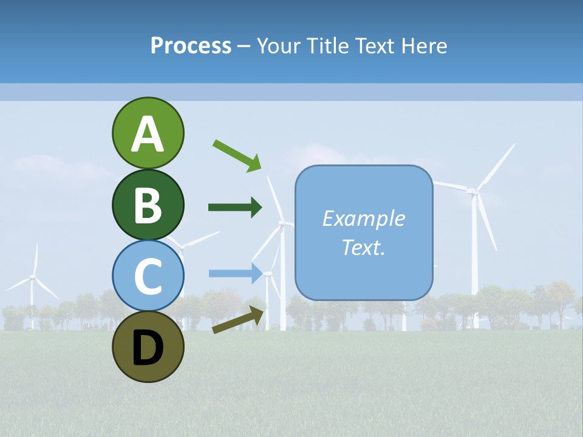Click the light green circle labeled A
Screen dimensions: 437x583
click(148, 133)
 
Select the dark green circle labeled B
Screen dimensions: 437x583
click(148, 205)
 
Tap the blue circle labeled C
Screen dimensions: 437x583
click(148, 276)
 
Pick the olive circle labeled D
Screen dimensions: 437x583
click(148, 347)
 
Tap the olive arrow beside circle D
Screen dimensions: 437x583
click(239, 320)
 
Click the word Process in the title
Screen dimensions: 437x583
click(191, 46)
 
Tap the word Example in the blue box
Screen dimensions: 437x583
click(363, 218)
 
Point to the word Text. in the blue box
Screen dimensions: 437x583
click(363, 247)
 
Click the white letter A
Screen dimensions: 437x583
click(148, 134)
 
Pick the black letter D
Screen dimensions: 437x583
click(148, 348)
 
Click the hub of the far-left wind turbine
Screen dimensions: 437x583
click(33, 277)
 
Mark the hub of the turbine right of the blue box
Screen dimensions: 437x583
click(472, 191)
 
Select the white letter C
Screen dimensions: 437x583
click(148, 277)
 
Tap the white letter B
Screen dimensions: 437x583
click(148, 206)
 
